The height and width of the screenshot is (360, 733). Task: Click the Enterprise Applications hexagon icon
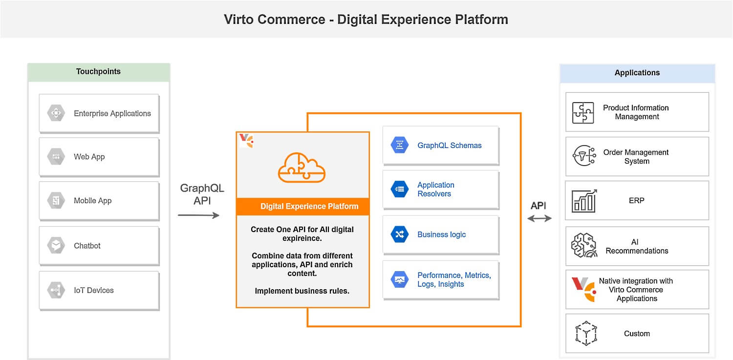tap(56, 113)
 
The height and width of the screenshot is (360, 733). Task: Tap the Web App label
tap(89, 157)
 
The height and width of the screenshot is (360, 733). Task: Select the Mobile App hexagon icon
tap(56, 201)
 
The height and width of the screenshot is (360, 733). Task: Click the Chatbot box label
tap(87, 246)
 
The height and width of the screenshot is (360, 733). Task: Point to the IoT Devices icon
tap(56, 290)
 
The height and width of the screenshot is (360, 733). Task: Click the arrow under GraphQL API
tap(198, 215)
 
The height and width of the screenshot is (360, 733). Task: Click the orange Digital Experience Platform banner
tap(303, 206)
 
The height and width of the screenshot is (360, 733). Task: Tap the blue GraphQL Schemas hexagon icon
tap(400, 145)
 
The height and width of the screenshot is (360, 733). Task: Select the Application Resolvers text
tap(435, 190)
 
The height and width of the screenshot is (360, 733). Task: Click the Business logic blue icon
tap(400, 234)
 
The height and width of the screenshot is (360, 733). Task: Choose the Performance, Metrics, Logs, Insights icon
tap(400, 280)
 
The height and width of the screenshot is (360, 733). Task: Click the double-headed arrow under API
tap(539, 218)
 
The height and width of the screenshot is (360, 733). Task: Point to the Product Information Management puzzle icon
tap(583, 112)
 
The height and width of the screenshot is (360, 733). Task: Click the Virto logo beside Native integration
tap(583, 289)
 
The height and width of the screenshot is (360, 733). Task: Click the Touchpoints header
tap(98, 71)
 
